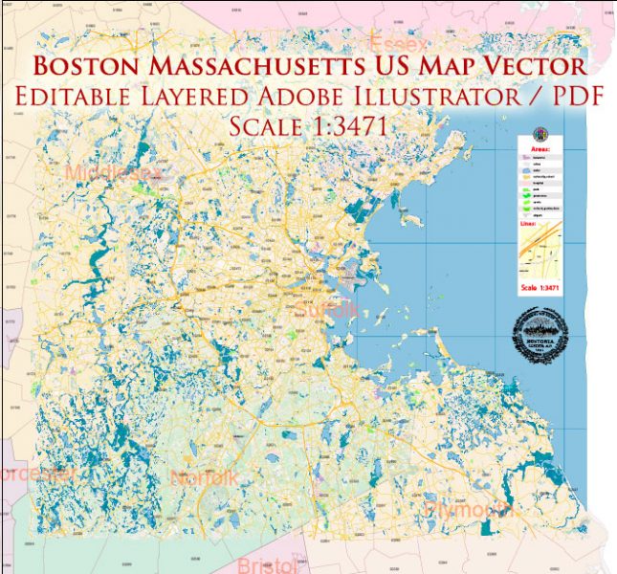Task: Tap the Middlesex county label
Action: point(116,173)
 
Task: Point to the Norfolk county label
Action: point(205,476)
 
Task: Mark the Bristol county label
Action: point(272,564)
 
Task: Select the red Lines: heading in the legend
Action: point(529,224)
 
